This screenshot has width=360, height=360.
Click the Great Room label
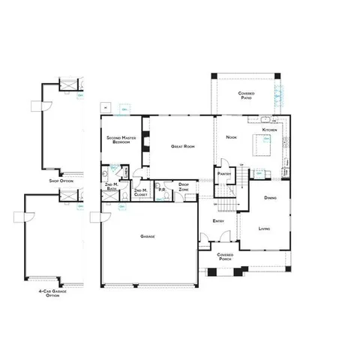(183, 146)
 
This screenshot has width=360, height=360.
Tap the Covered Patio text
(246, 94)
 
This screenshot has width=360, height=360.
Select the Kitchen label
(269, 130)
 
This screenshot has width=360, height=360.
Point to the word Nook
(231, 137)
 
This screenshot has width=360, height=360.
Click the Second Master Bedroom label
(121, 140)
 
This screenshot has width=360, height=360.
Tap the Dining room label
(271, 198)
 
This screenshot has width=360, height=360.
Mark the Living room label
(264, 228)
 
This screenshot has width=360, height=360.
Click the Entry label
(218, 221)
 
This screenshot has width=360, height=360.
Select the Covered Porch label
(225, 256)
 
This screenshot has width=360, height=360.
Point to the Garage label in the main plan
(148, 236)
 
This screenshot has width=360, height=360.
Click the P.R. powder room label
(161, 190)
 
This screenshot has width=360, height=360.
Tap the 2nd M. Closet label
(141, 191)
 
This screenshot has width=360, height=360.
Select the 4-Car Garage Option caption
(52, 294)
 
